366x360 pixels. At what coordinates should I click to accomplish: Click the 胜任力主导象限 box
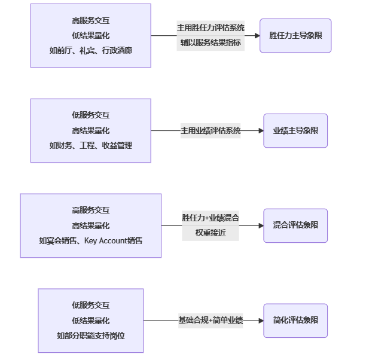(x=295, y=35)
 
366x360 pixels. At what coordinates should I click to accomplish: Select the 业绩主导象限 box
(x=295, y=130)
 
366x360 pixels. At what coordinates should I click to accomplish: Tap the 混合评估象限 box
(x=295, y=225)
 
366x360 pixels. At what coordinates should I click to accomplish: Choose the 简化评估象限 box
(x=295, y=321)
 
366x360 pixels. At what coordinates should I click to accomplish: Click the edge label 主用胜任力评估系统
(x=211, y=28)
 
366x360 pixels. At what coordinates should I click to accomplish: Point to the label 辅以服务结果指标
(x=211, y=43)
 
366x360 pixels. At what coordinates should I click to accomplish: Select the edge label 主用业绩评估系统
(x=211, y=130)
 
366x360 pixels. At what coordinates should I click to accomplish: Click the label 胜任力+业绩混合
(x=211, y=218)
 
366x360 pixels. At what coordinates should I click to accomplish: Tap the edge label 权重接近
(x=211, y=233)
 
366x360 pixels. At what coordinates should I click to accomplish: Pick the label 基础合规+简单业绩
(x=211, y=321)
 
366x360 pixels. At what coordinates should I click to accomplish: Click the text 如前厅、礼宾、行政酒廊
(x=91, y=51)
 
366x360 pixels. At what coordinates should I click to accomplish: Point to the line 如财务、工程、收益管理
(x=91, y=145)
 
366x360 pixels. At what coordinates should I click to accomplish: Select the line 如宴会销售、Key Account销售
(x=91, y=240)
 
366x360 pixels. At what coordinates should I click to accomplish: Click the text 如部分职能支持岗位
(x=91, y=335)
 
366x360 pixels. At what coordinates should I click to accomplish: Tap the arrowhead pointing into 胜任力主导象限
(x=257, y=35)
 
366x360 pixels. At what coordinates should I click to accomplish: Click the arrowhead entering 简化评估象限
(x=260, y=321)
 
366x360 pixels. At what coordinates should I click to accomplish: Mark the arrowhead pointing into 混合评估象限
(x=260, y=225)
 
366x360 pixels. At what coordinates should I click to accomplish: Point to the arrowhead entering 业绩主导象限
(x=260, y=130)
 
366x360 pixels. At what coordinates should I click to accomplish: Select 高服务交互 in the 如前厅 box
(x=91, y=20)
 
